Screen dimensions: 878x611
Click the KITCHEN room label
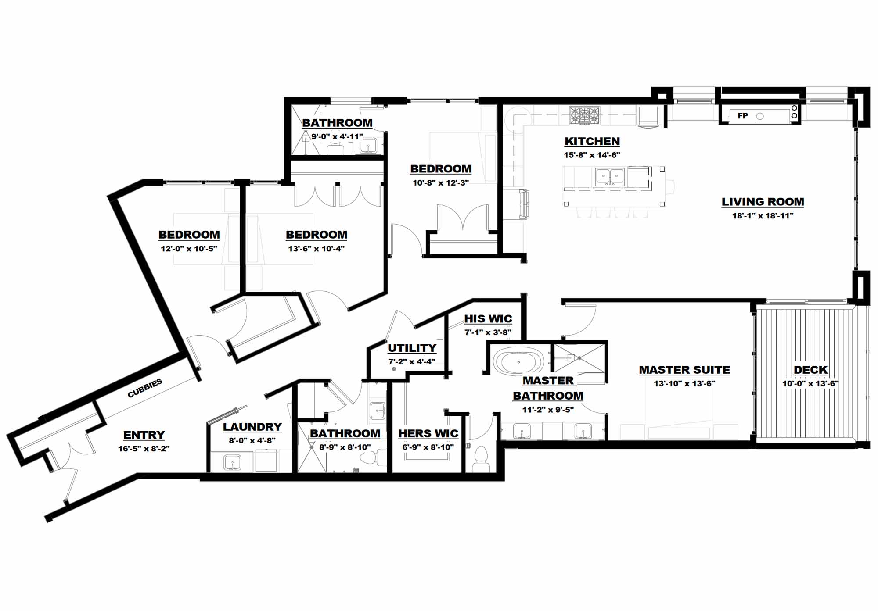[x=592, y=141]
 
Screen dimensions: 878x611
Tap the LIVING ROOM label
[x=763, y=202]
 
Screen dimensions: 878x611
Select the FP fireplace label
[x=743, y=116]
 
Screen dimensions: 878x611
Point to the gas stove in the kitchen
[x=584, y=116]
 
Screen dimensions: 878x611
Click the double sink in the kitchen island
[x=610, y=177]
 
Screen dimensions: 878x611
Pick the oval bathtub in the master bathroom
[x=518, y=362]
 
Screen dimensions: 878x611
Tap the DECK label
[x=810, y=370]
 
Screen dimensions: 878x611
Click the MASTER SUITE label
[x=684, y=370]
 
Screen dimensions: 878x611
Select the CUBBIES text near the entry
[x=145, y=388]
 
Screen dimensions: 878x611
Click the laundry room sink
[x=232, y=462]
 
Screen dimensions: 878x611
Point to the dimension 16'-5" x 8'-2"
[x=144, y=449]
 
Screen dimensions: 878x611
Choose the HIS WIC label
[x=488, y=319]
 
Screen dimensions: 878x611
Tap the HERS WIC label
[x=428, y=433]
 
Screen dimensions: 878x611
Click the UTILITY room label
[x=412, y=348]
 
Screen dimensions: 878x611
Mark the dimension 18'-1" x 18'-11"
[x=763, y=216]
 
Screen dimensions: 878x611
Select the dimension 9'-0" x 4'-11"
[x=337, y=136]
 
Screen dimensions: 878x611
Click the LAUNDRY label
[x=252, y=427]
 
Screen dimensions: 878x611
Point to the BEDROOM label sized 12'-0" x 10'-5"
[x=189, y=235]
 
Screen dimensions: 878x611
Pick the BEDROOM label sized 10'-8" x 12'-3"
[x=441, y=169]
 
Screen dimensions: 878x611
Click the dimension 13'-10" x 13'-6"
[x=684, y=383]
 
